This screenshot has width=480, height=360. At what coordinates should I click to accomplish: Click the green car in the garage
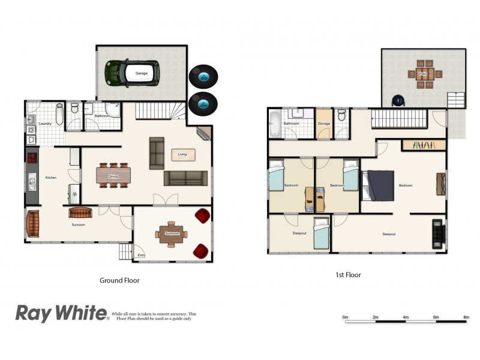(x=133, y=73)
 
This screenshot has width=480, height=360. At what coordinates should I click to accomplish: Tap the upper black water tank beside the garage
(x=203, y=77)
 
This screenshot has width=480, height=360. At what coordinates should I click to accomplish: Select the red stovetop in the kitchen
(x=32, y=158)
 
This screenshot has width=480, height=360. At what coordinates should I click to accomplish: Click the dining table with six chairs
(x=112, y=176)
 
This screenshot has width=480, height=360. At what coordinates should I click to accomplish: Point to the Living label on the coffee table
(x=182, y=155)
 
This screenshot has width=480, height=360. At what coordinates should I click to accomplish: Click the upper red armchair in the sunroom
(x=203, y=216)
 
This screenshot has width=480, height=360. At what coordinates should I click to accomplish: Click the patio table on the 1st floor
(x=423, y=74)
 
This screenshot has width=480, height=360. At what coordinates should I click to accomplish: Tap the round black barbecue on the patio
(x=397, y=100)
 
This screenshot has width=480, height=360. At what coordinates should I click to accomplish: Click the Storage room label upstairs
(x=324, y=124)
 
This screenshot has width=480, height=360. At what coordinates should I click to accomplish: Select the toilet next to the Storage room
(x=341, y=115)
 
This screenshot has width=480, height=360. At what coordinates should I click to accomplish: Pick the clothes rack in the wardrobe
(x=424, y=145)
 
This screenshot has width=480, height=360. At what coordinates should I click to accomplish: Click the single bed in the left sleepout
(x=320, y=233)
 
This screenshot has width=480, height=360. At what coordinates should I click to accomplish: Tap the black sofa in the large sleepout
(x=438, y=234)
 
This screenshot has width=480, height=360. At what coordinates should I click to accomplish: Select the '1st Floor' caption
(x=349, y=275)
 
